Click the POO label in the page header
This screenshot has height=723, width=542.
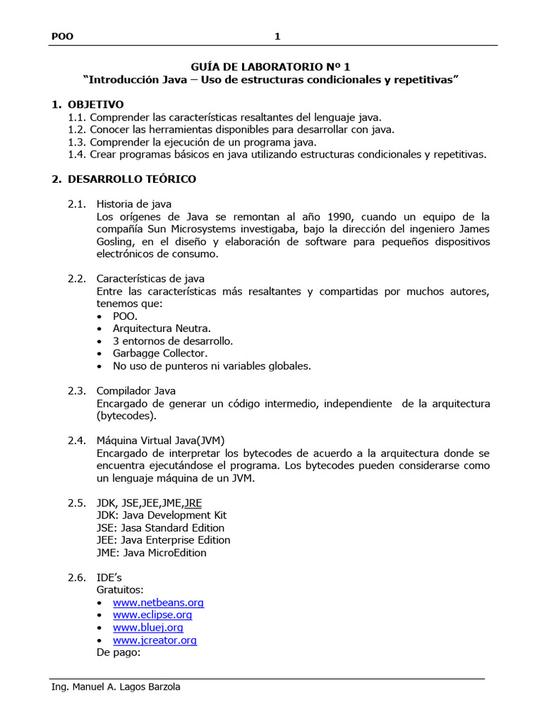point(63,37)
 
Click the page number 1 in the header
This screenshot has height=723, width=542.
point(277,37)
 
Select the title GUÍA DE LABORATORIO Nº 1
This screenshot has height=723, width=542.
point(271,66)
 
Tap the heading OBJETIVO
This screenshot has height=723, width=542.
point(95,104)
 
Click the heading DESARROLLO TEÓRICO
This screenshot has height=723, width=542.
point(132,179)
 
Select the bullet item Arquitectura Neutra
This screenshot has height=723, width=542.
point(162,328)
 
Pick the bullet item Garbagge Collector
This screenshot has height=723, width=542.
point(160,353)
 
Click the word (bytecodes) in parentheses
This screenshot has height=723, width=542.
point(126,416)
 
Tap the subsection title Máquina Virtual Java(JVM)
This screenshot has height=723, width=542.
point(161,441)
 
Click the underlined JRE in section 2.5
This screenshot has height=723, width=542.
point(193,503)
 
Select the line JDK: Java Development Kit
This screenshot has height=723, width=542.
point(162,515)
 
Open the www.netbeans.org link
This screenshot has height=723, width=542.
point(158,603)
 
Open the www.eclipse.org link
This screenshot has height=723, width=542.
point(152,615)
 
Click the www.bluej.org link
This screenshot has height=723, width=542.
point(147,628)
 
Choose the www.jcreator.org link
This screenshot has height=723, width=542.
point(155,640)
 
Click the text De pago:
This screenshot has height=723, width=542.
point(119,653)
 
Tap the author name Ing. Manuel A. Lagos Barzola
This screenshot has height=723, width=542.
point(116,687)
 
